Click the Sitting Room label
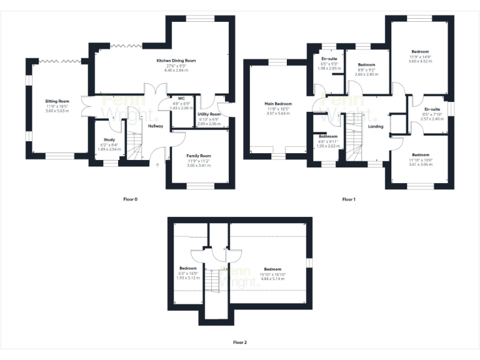coord(56,101)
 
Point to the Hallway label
coord(156,126)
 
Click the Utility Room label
coord(209,114)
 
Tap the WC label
coord(181,98)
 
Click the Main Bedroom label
coord(278,104)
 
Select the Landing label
coord(376,126)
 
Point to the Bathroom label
coord(328,136)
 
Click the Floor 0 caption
coord(130,199)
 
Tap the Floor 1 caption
coord(348,199)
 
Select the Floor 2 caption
coord(240,342)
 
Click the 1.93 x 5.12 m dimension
coord(188,278)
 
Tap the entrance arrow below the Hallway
coord(157,164)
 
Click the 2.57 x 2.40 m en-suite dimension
coord(432,119)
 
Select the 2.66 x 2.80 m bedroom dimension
coord(366,74)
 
